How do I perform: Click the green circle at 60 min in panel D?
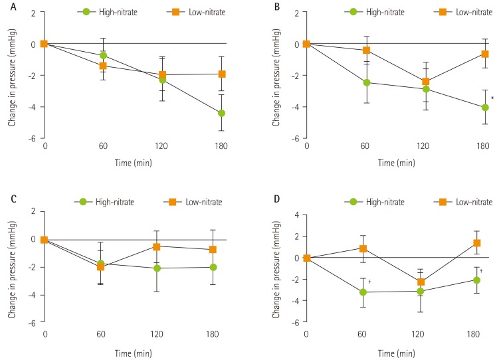pos(365,292)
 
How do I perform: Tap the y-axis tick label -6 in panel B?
pos(296,139)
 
